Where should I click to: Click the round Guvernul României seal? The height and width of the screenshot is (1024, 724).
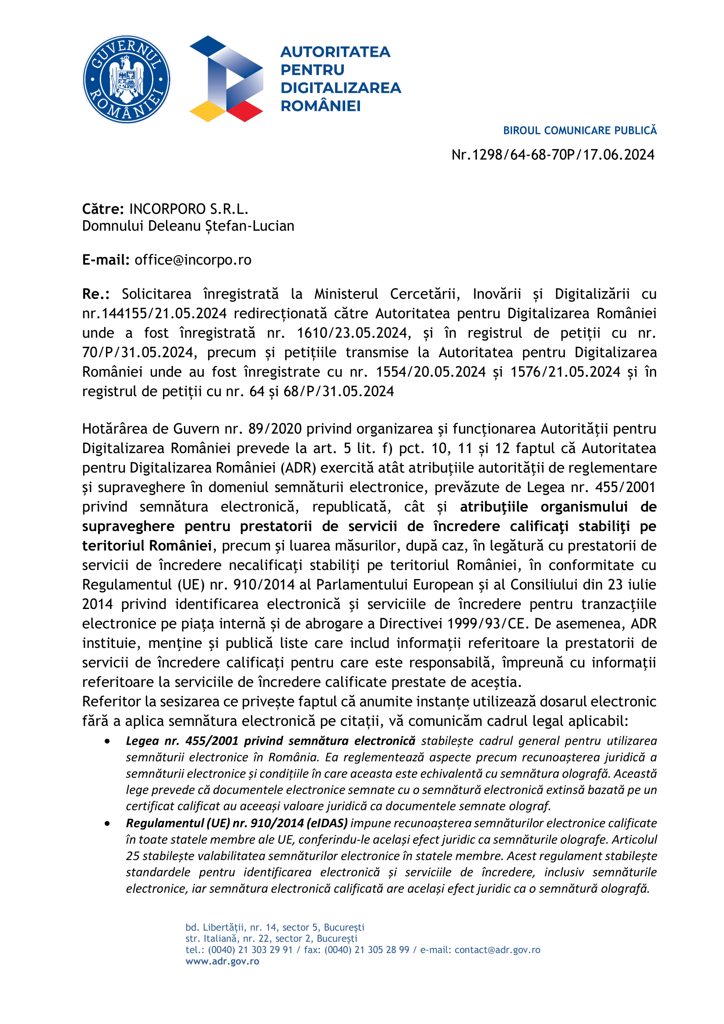click(x=126, y=79)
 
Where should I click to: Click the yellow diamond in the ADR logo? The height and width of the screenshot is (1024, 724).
click(x=208, y=111)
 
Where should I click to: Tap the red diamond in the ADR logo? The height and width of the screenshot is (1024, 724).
click(x=245, y=111)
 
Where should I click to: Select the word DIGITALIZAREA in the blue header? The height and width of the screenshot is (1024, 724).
click(x=341, y=88)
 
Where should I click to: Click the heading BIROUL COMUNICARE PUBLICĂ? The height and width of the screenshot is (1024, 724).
click(x=579, y=130)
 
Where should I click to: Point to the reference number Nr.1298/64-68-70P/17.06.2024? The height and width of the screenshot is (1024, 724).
click(x=553, y=155)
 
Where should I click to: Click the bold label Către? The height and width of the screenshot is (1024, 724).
click(x=103, y=209)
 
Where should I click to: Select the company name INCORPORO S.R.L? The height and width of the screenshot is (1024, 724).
click(x=189, y=209)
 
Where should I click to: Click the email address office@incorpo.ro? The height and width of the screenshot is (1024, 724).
click(x=193, y=260)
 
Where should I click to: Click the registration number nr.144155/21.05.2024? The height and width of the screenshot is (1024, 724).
click(x=154, y=313)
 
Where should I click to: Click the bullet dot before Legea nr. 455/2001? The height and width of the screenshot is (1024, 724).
click(x=107, y=741)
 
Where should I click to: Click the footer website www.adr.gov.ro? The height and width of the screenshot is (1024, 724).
click(x=222, y=961)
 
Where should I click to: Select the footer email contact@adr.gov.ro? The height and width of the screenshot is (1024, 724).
click(x=498, y=950)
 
